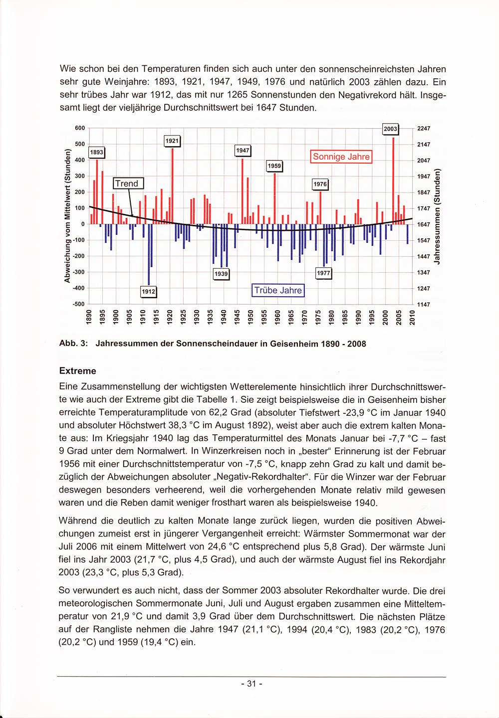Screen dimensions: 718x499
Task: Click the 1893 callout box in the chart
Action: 96,153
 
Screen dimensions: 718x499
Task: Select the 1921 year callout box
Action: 172,141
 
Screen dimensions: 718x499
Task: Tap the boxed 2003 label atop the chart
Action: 390,129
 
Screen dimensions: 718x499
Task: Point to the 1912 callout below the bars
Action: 149,291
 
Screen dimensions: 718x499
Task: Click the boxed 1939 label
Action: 221,274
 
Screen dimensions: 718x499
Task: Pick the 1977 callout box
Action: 324,273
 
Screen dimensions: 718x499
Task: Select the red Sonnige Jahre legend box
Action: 341,157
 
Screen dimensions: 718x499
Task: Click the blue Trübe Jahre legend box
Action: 278,290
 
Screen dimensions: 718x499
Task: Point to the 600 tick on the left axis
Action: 79,128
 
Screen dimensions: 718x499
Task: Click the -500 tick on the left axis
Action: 78,304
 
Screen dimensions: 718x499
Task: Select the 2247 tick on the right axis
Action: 423,128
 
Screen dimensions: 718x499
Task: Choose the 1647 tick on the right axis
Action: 423,224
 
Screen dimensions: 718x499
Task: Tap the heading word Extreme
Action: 77,371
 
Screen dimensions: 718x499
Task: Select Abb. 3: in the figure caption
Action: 73,344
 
